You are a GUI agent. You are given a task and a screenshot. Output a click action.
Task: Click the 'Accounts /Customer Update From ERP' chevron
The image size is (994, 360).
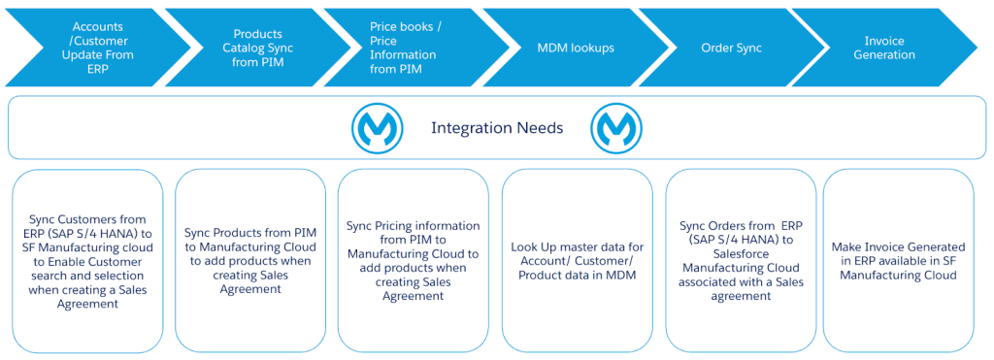pos(95,48)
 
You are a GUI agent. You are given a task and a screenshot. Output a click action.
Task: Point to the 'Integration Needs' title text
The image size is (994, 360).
pos(497,128)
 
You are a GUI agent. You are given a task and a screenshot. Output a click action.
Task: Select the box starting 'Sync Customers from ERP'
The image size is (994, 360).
pos(87,261)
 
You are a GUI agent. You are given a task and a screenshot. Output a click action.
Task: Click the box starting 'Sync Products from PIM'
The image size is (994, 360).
pos(249,261)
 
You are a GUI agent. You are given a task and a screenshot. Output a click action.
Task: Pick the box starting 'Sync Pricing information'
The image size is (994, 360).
pos(414,261)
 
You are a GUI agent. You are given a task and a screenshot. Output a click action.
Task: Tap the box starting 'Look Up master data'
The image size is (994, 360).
pos(577,261)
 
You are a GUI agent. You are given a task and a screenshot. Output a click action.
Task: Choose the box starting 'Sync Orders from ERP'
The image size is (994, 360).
pos(741,261)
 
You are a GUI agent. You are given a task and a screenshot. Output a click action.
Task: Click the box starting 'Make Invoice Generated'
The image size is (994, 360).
pos(898,261)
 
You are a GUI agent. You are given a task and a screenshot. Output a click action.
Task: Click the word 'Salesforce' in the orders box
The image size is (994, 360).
pos(741,254)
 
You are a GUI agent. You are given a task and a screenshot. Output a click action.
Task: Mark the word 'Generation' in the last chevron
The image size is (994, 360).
pos(884,55)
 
